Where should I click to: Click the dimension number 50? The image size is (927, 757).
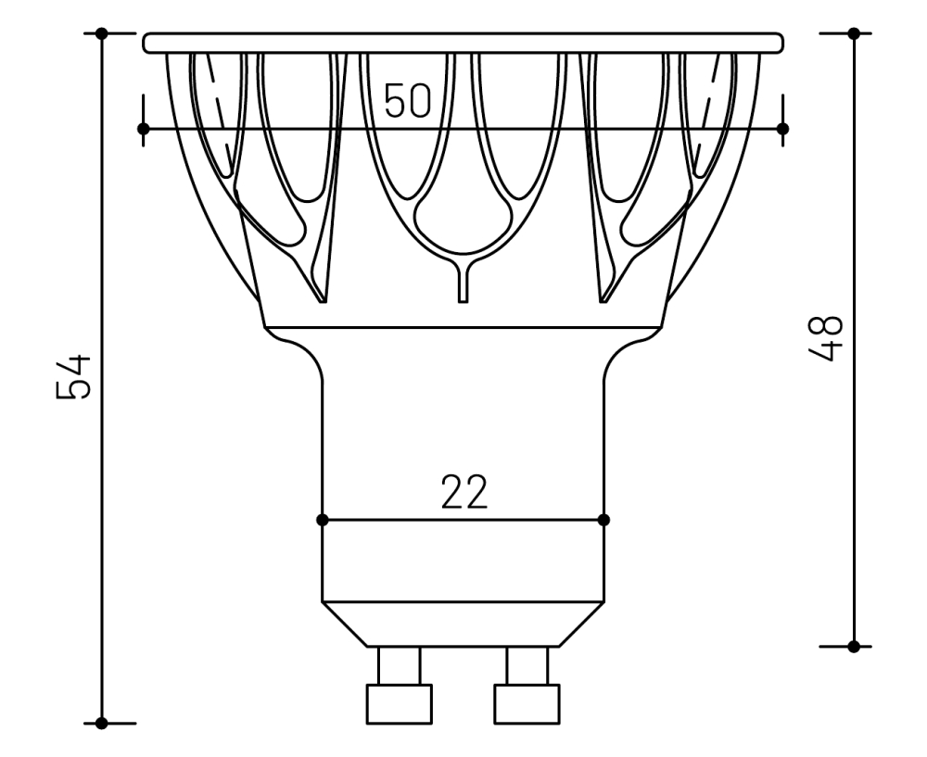tap(408, 101)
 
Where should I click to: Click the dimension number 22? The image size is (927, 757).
tap(463, 495)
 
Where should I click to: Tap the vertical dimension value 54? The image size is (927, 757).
tap(73, 375)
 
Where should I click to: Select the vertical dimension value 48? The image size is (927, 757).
tap(824, 338)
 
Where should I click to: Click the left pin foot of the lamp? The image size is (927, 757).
tap(400, 703)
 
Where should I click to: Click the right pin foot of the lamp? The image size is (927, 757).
tap(527, 703)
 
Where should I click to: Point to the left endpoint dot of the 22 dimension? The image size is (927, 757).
tap(323, 520)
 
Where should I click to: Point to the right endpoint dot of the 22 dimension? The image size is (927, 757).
tap(604, 520)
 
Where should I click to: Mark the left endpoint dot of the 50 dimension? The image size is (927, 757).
tap(144, 128)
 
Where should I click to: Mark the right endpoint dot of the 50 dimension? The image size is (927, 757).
tap(782, 128)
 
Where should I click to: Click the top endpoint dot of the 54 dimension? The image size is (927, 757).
tap(102, 33)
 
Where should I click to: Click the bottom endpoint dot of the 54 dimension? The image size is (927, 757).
tap(102, 723)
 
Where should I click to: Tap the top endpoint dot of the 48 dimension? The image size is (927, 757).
tap(854, 33)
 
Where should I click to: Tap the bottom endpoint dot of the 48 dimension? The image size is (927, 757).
tap(854, 645)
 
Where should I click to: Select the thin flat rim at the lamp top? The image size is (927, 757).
tap(463, 43)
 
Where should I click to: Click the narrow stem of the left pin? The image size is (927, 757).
tap(400, 665)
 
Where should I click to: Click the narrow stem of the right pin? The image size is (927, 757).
tap(527, 665)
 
